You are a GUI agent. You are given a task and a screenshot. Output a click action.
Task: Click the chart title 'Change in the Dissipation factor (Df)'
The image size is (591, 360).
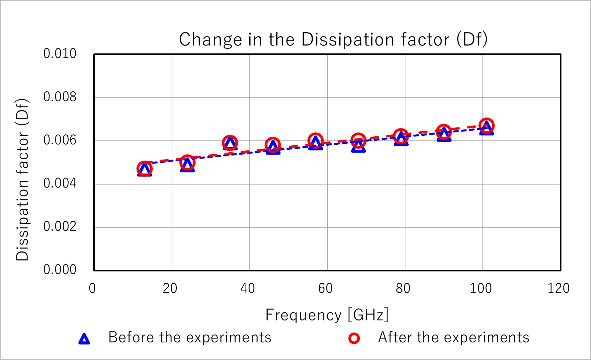coord(333,39)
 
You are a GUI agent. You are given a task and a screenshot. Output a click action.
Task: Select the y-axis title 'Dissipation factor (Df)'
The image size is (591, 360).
coord(23,180)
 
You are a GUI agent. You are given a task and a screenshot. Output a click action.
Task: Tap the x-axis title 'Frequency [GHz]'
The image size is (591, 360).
coord(327,315)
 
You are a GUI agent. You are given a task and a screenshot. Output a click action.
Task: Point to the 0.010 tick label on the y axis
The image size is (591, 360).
coord(60,54)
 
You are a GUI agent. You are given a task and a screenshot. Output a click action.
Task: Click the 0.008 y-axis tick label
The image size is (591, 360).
coord(60,97)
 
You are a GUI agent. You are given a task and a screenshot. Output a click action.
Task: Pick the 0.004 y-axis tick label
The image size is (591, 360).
coord(60,183)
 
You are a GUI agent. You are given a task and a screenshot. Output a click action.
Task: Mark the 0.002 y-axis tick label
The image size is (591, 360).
coord(60,227)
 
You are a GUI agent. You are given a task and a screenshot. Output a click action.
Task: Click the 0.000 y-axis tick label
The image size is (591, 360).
coord(60,270)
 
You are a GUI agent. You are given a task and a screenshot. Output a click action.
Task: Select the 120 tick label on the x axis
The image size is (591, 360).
coord(558,288)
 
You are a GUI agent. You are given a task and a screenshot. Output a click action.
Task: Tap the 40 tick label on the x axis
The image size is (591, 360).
coord(248,288)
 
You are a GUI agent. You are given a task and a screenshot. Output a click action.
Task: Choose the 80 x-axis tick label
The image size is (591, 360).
coord(403,288)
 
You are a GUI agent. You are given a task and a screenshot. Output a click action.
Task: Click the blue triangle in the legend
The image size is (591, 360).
coord(84,339)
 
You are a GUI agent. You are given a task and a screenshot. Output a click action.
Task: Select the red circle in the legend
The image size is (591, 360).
coord(354,338)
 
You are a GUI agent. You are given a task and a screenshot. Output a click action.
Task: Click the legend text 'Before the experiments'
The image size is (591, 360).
coord(190,337)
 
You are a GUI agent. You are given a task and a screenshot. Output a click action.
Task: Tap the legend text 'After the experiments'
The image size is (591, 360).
coord(454,337)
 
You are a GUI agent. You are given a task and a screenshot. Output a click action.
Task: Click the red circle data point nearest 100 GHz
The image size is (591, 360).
coord(486,125)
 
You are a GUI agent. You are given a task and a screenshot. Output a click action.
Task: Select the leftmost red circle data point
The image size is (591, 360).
coord(144,169)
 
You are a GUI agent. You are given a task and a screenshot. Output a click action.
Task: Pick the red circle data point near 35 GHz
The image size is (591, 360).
coord(230,143)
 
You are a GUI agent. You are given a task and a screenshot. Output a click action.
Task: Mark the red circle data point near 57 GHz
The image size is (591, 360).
coord(315,141)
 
